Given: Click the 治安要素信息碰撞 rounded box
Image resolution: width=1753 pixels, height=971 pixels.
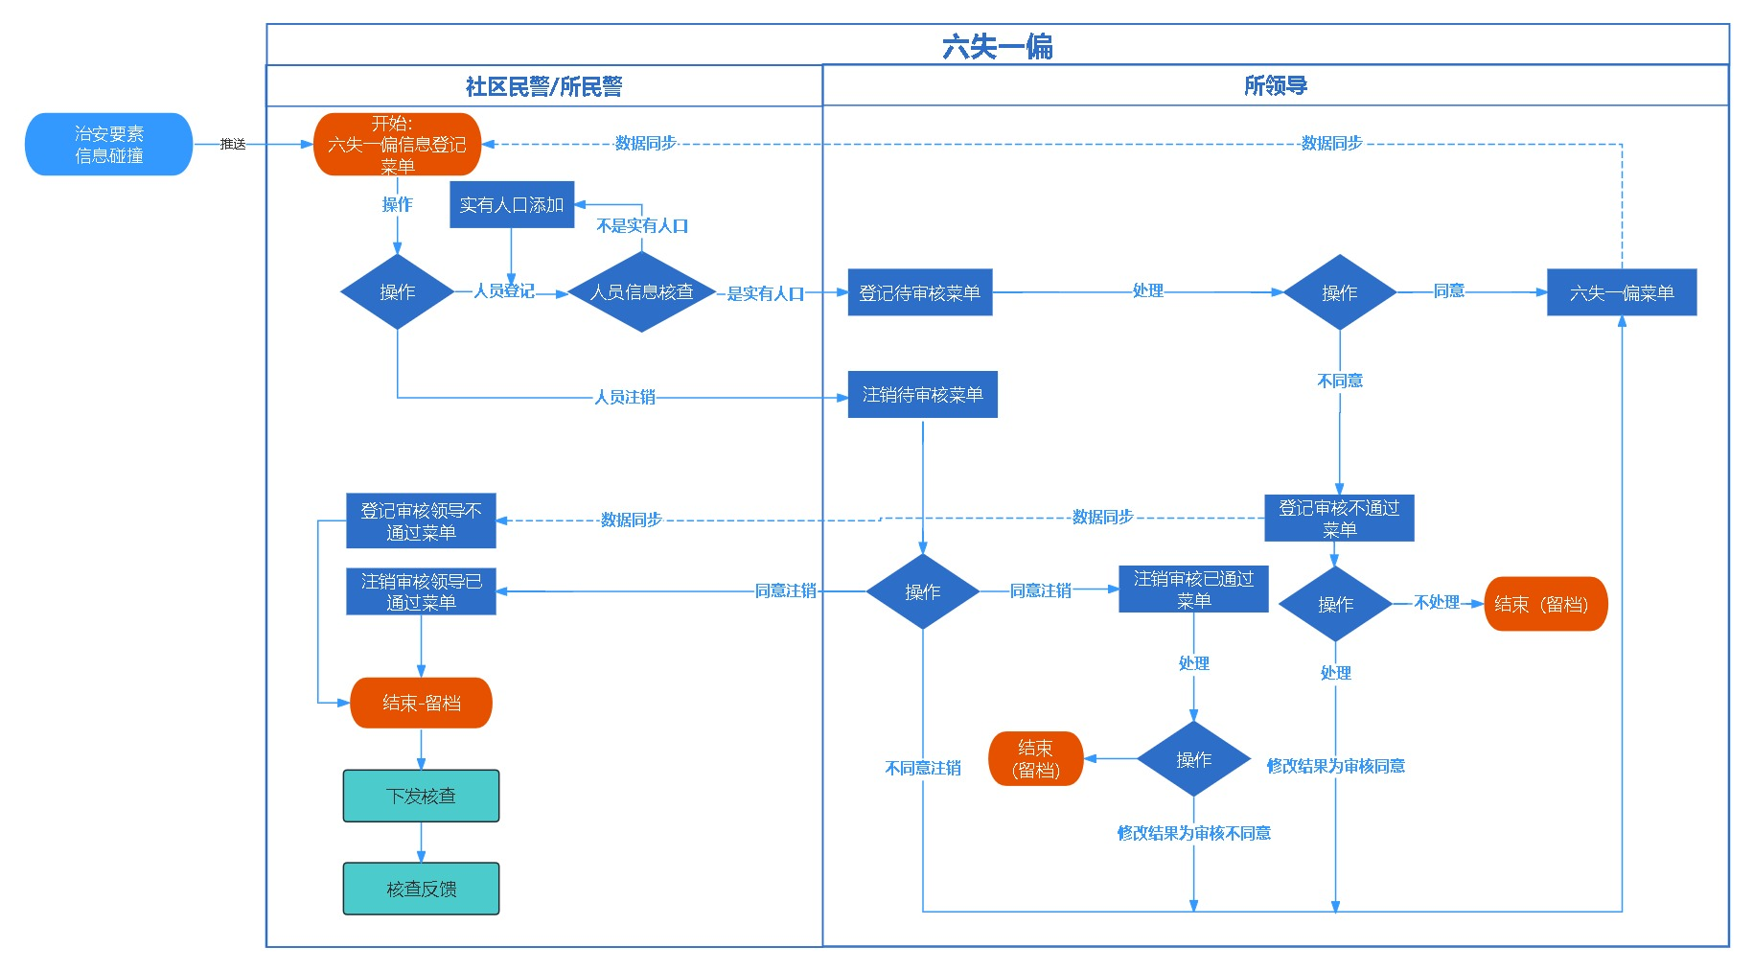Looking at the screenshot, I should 108,145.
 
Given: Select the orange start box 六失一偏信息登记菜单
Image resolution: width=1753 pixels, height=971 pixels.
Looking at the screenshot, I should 397,145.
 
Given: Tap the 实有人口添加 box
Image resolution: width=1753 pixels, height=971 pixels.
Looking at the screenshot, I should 512,205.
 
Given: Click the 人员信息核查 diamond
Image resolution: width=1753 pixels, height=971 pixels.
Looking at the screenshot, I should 641,292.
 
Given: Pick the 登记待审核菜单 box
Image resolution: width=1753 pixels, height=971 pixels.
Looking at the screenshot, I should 919,293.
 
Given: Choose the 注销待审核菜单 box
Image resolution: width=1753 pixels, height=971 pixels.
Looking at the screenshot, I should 922,395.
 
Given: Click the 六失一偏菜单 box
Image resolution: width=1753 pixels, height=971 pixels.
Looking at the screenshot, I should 1621,293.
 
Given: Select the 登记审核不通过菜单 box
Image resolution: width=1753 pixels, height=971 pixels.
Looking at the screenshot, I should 1339,519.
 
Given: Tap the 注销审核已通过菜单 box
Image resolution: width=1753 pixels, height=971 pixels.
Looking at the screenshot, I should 1193,590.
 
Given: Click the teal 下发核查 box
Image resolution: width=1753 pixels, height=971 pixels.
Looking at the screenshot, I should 421,797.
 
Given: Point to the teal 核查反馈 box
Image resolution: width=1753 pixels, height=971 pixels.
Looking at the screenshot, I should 421,890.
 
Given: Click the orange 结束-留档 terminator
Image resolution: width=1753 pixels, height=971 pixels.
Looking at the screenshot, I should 421,703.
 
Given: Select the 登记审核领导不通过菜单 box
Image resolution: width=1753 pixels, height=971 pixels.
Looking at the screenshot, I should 421,521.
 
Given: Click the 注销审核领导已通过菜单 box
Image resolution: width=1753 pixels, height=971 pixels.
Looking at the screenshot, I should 421,591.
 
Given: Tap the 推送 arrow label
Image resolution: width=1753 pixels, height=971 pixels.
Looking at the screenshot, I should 233,145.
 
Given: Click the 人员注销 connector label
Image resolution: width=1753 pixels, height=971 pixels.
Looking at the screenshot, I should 625,397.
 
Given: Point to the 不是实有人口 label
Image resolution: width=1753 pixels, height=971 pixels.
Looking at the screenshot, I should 642,226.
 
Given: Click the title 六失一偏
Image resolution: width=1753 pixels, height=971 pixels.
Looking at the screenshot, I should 997,47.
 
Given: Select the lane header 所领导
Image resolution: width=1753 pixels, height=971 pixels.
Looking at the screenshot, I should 1275,86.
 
